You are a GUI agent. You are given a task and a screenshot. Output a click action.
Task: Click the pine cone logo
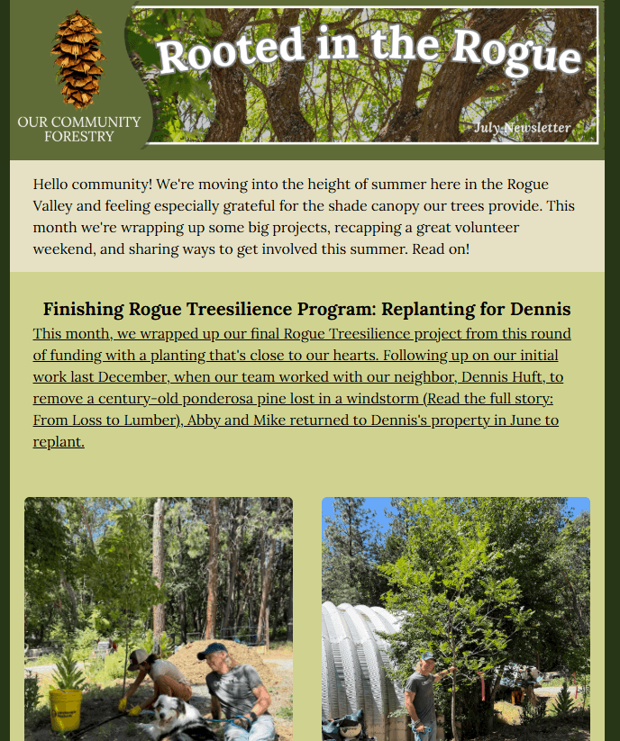click(x=78, y=59)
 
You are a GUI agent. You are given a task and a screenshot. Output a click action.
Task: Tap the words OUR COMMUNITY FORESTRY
click(x=79, y=129)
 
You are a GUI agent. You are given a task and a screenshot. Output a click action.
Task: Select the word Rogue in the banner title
click(x=516, y=52)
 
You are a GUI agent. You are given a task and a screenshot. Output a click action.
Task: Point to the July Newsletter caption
click(x=522, y=127)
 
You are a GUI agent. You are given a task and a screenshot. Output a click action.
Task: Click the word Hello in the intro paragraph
click(x=50, y=184)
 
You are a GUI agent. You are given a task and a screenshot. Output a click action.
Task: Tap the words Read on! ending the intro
click(x=441, y=249)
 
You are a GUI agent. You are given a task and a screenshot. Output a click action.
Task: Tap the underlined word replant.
click(x=59, y=442)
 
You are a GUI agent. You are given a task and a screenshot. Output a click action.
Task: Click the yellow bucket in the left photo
click(x=66, y=709)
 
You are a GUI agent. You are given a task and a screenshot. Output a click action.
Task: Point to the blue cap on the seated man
click(x=212, y=650)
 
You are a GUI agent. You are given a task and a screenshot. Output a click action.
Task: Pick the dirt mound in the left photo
click(x=223, y=658)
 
